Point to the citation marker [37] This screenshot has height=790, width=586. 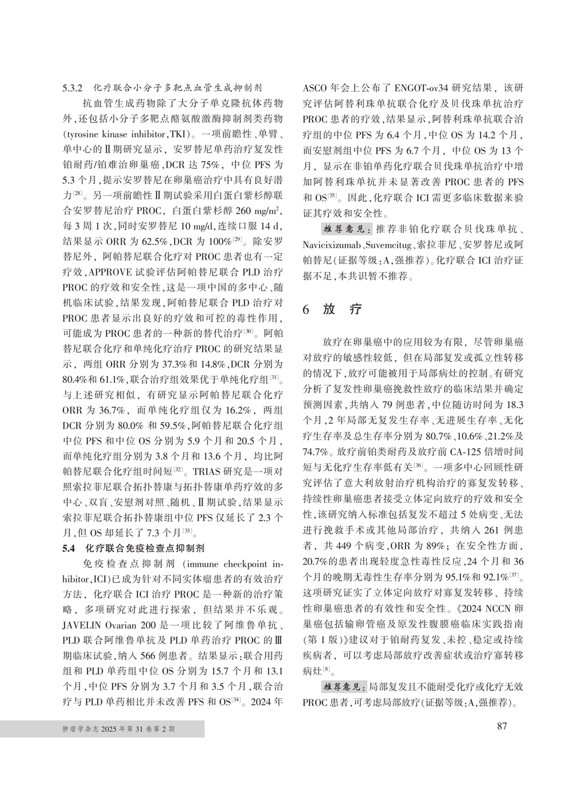pyautogui.click(x=514, y=575)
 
